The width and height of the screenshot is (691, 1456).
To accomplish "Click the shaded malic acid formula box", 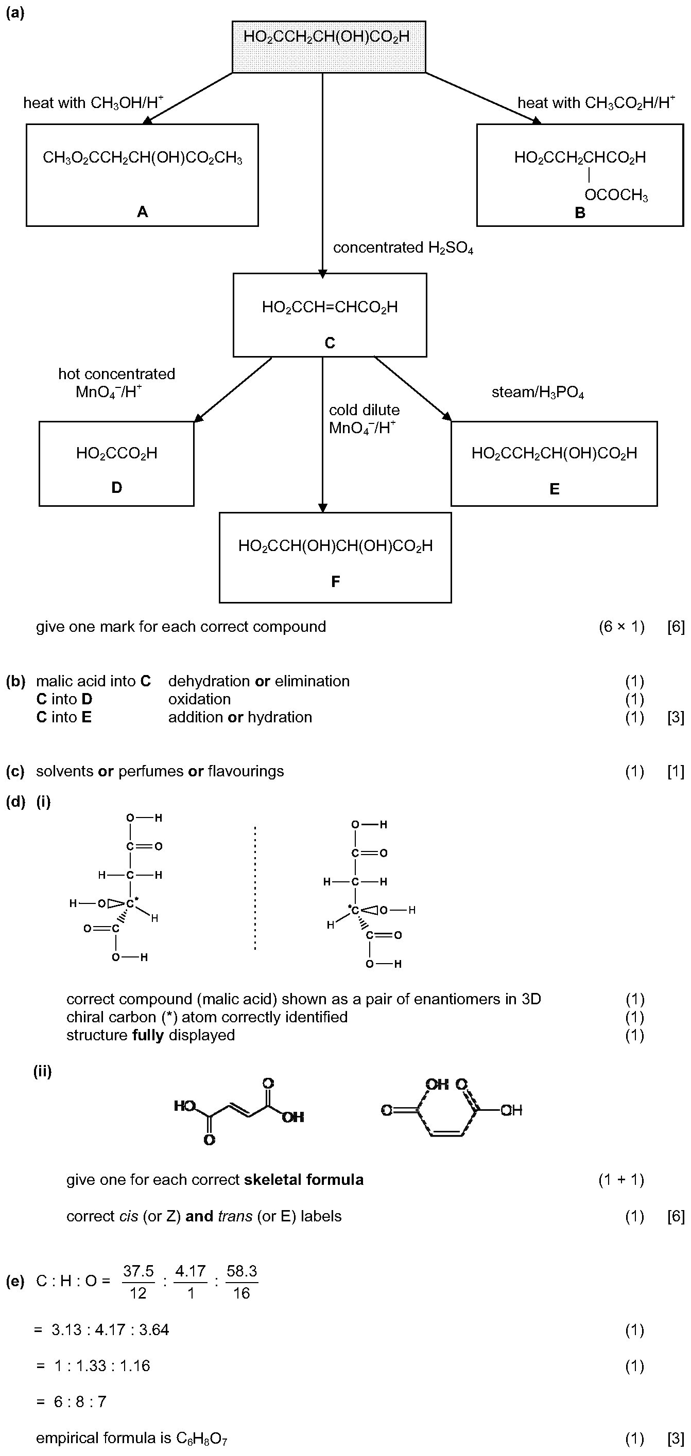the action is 329,47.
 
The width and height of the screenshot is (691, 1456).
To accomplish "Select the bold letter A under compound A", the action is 143,212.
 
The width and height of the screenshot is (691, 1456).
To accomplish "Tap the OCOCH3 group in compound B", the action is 616,196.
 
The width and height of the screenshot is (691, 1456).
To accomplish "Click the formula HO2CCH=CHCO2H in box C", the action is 330,308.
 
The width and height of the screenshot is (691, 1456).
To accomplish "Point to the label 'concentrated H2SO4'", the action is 403,248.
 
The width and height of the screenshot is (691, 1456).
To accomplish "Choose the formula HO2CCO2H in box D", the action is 116,453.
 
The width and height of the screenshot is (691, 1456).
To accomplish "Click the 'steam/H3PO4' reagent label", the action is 538,392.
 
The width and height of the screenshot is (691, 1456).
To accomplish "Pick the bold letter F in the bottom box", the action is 335,581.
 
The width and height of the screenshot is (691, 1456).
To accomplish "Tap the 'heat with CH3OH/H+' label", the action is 93,102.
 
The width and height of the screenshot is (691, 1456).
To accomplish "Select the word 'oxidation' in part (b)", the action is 200,699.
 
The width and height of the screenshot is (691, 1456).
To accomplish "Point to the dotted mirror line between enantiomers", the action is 255,888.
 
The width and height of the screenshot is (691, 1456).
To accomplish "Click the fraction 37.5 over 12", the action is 139,1282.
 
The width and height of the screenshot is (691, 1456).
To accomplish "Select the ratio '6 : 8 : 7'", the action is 80,1402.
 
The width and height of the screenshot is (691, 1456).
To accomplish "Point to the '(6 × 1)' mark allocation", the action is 621,627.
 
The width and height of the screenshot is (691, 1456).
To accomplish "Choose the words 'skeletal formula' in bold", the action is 304,1180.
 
